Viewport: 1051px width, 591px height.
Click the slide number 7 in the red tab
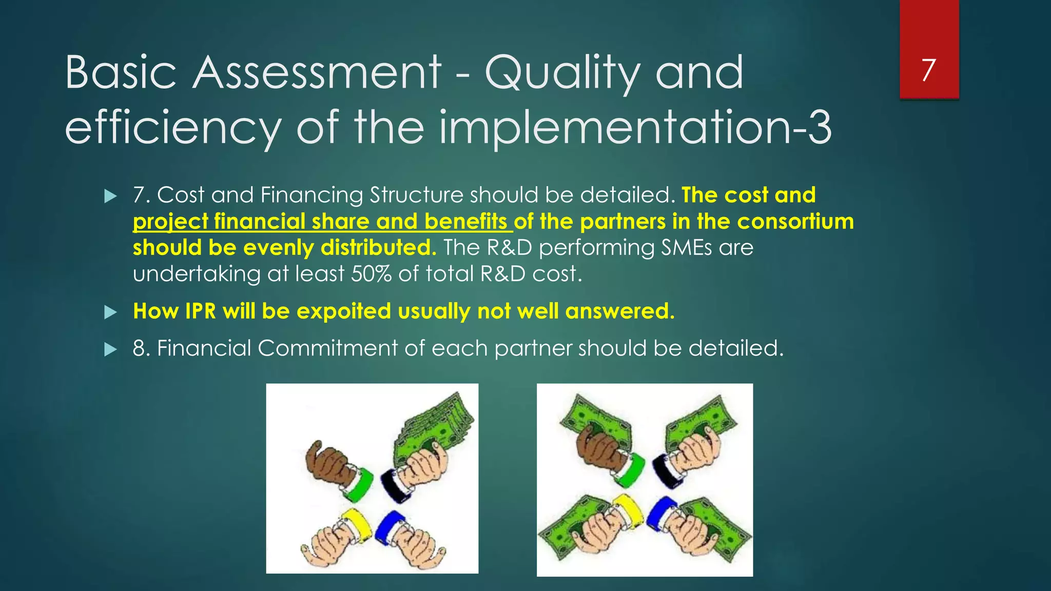click(928, 70)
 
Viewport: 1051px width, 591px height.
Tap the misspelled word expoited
click(343, 311)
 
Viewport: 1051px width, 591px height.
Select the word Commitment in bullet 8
click(327, 348)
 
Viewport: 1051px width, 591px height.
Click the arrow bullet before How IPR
click(110, 312)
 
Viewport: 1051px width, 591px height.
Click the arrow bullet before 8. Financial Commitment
click(110, 349)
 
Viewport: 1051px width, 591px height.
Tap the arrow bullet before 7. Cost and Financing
click(110, 196)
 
